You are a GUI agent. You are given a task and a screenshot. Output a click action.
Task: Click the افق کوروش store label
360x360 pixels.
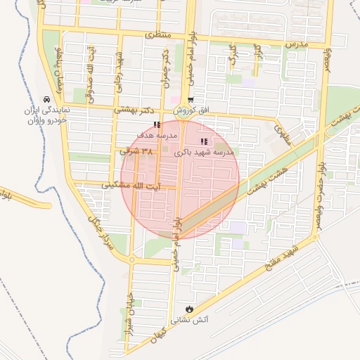189,111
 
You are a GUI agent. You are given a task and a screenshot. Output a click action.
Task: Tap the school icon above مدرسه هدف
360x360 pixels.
155,124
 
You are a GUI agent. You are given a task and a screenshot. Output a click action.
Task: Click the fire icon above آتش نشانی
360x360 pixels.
188,309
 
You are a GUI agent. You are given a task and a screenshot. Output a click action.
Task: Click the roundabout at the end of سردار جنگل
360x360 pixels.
131,259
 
